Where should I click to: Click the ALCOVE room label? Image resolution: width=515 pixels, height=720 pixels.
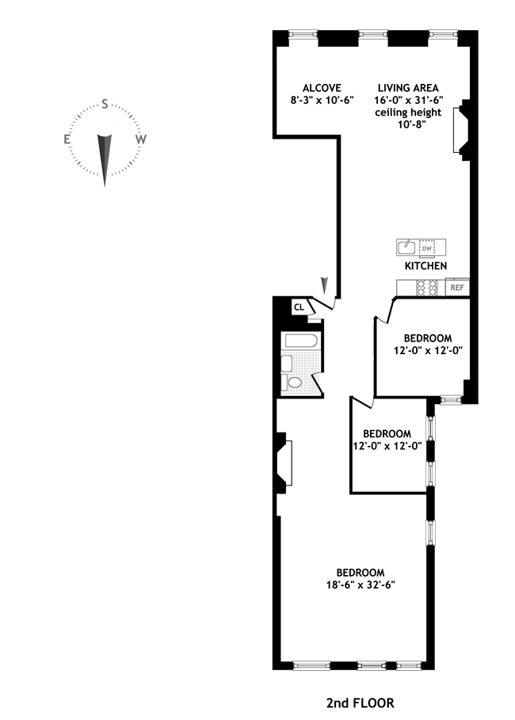322,87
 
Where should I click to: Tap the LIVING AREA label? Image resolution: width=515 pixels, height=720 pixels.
409,87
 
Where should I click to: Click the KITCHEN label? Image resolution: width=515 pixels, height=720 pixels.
425,266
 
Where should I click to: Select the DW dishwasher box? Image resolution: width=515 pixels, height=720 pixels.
427,248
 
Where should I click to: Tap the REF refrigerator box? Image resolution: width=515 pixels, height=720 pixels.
458,288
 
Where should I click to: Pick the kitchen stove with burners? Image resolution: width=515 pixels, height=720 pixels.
428,288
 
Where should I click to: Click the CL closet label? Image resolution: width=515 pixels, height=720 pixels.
299,307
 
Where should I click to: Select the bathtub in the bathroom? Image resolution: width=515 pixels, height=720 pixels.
301,342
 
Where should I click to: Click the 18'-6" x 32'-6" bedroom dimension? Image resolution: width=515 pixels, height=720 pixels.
360,585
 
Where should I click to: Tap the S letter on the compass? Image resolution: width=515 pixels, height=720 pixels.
105,105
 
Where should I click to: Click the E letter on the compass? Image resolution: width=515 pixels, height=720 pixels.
68,139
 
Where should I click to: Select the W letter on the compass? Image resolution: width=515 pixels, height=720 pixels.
141,139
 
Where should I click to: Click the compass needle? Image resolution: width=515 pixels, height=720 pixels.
105,157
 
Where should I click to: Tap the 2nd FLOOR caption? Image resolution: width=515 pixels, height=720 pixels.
360,703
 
